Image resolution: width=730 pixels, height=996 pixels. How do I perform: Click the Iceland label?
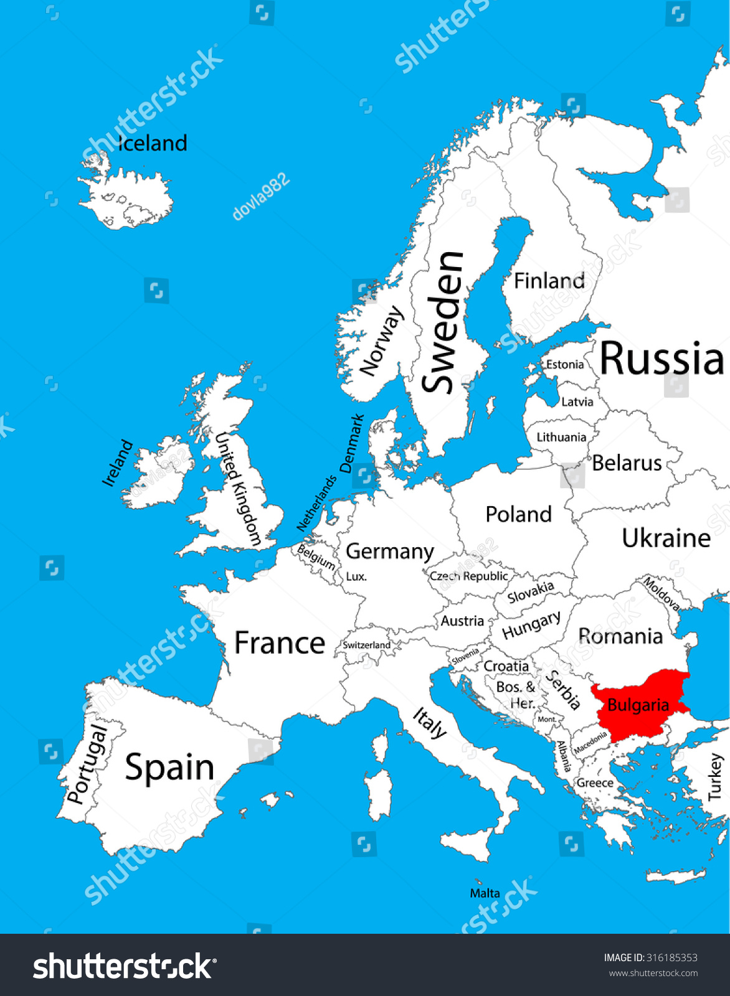(153, 143)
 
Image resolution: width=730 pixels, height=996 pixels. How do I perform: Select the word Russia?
(661, 359)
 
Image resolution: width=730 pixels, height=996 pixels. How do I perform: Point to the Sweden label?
(443, 322)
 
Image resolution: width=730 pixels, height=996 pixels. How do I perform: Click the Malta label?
(485, 893)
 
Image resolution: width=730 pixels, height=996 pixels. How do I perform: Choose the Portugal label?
(87, 764)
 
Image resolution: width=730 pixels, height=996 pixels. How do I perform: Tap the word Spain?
(169, 767)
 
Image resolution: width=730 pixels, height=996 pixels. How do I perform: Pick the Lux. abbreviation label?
(356, 576)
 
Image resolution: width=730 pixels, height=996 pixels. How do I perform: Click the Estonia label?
(565, 365)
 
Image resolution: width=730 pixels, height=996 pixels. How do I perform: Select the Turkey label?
(714, 776)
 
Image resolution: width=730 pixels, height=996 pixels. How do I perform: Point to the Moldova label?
(661, 593)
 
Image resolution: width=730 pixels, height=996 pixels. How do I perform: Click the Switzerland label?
(366, 645)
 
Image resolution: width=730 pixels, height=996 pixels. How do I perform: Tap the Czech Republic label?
(468, 576)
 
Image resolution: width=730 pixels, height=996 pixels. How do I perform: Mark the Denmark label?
(352, 443)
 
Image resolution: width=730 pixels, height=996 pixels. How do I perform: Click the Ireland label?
(118, 463)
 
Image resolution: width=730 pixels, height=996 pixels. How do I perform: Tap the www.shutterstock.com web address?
(653, 973)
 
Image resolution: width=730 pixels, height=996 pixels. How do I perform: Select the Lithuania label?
(561, 438)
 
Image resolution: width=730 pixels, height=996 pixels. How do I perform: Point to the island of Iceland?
(128, 199)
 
